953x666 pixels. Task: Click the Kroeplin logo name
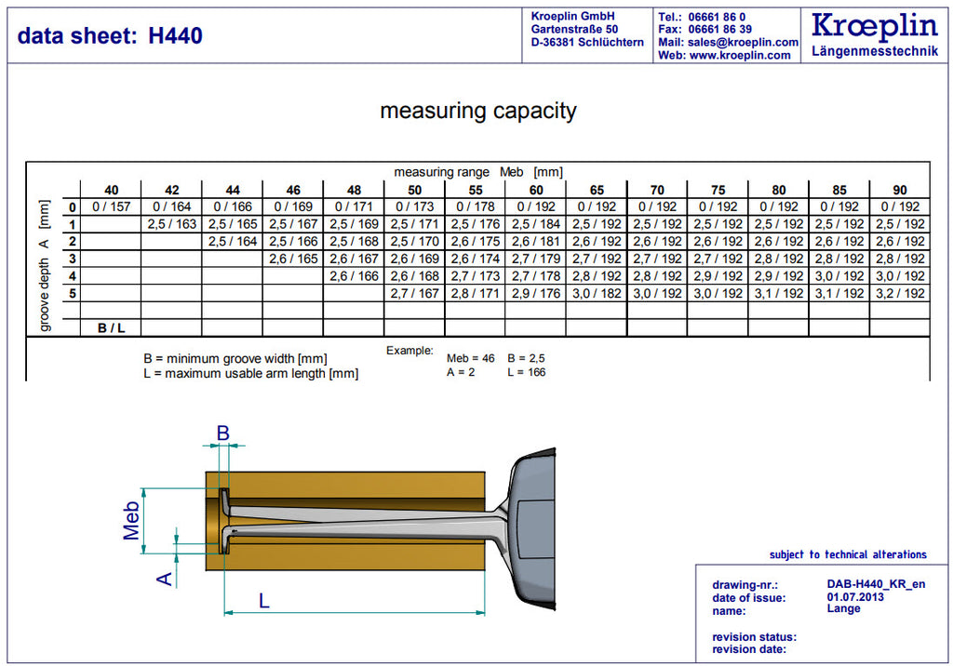875,25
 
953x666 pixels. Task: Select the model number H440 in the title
175,36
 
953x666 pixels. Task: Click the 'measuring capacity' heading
478,111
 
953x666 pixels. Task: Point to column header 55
476,190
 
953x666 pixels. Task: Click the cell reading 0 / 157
112,206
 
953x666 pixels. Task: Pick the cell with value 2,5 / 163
172,224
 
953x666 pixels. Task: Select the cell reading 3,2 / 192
900,294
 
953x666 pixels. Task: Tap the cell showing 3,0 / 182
597,294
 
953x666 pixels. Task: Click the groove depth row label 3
73,259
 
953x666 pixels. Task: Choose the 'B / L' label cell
112,328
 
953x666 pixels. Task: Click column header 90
900,190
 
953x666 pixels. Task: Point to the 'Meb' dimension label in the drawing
131,521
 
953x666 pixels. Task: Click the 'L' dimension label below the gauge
263,601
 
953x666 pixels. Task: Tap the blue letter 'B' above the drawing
223,433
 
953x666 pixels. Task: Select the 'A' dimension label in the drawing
165,579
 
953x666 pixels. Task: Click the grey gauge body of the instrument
530,528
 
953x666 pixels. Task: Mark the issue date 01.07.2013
855,597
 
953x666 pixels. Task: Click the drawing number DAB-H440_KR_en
876,584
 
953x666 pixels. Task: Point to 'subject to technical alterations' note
848,554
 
